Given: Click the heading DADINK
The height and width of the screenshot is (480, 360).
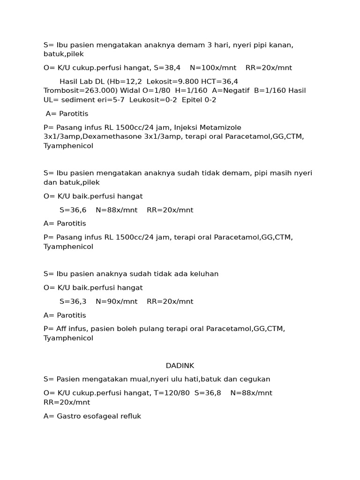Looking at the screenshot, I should coord(180,366).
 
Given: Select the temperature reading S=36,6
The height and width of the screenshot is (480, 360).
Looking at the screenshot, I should coord(73,210).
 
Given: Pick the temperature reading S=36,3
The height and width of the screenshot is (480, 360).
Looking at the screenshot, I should coord(73,301).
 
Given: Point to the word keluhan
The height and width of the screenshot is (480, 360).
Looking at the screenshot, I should coord(203,274).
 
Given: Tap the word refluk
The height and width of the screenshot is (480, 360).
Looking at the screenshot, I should coord(130,416).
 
